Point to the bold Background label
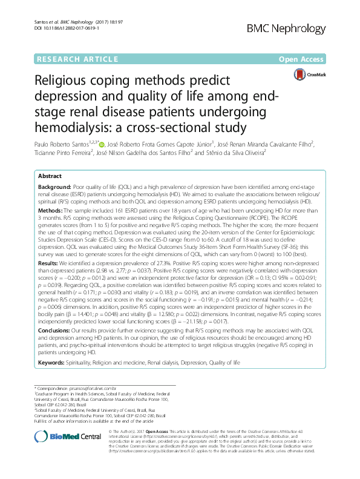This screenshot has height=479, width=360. click(x=54, y=189)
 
